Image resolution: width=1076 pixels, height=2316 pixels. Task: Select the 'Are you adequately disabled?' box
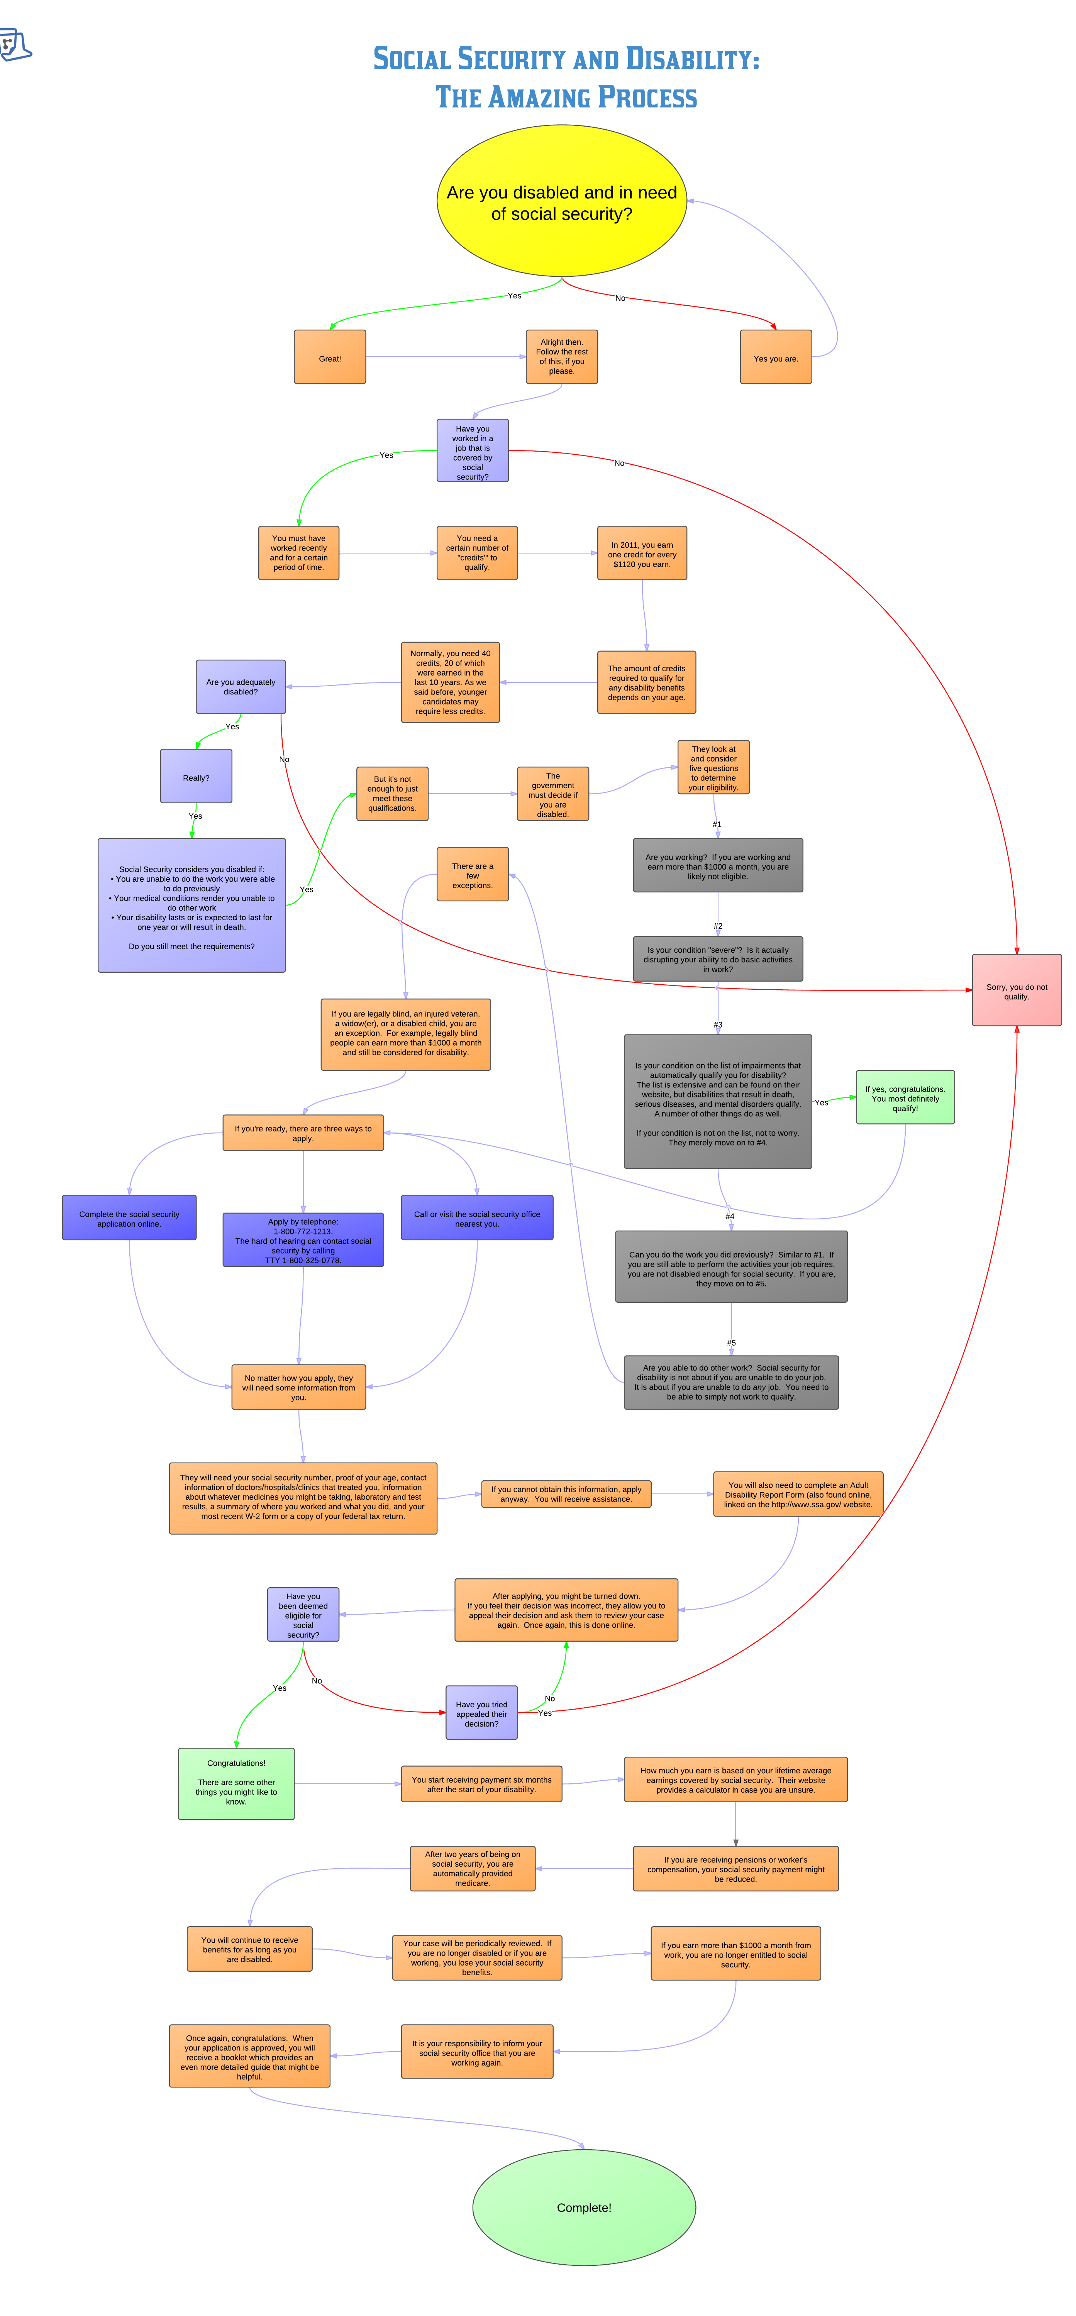241,687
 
